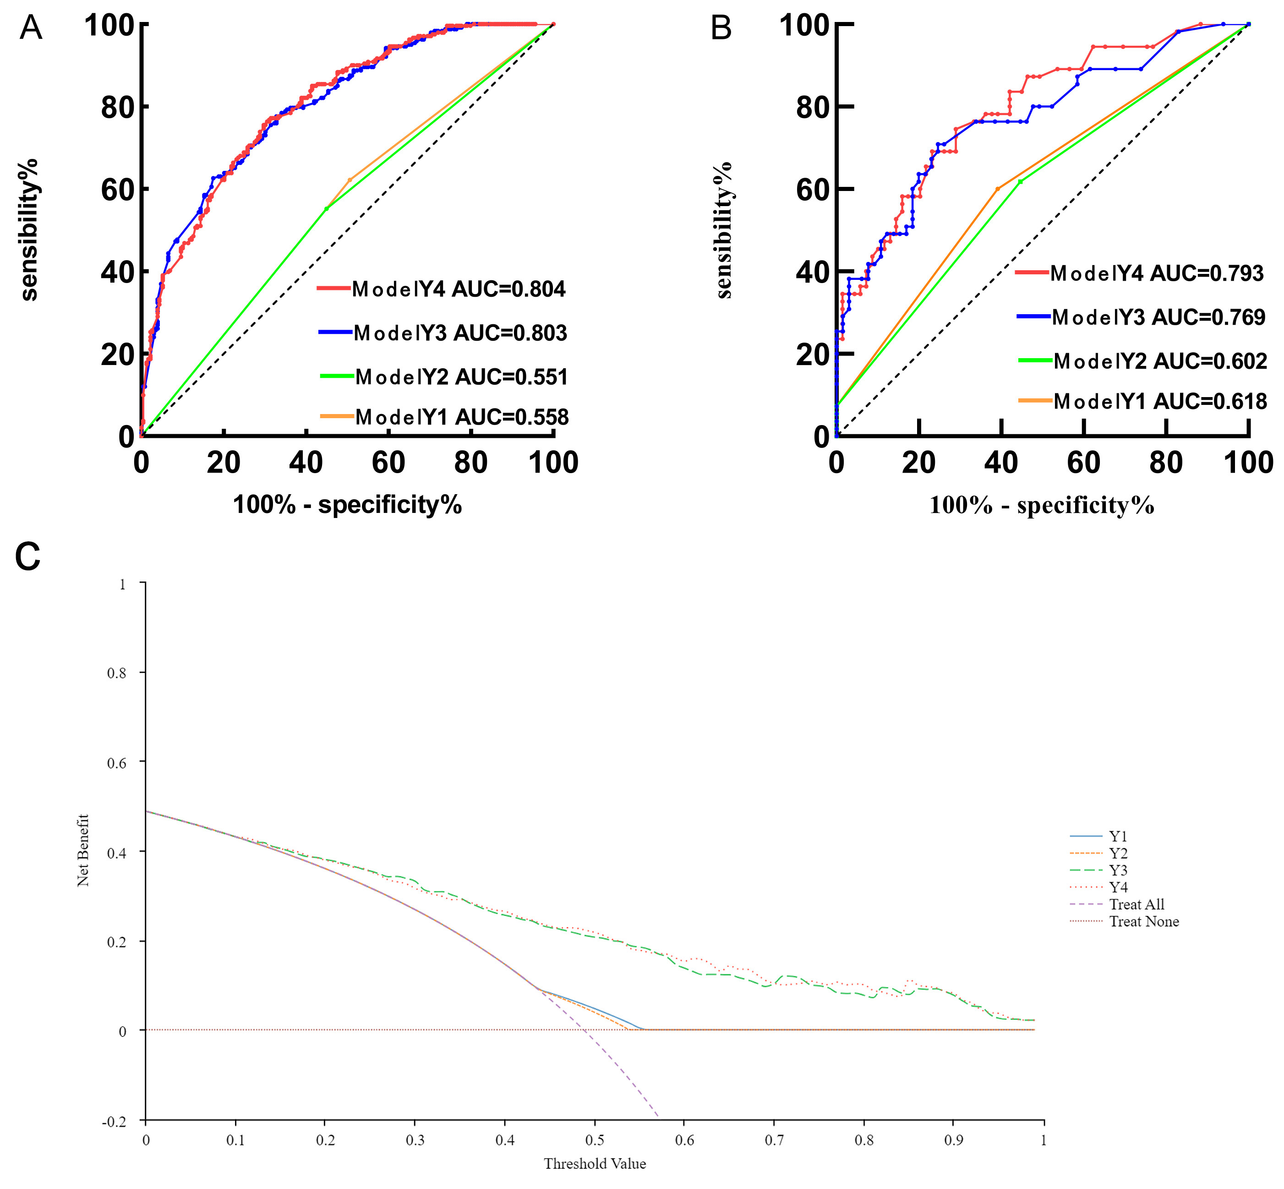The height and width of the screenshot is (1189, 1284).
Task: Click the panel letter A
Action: pos(31,29)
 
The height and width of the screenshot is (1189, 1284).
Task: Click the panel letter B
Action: pos(721,29)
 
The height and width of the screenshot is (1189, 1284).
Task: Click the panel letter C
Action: pos(27,556)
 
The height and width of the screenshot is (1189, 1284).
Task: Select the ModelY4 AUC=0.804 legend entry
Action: pos(458,289)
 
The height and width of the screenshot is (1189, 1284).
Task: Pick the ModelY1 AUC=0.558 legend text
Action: pos(461,418)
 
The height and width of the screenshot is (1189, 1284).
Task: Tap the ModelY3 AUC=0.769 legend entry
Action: pos(1158,317)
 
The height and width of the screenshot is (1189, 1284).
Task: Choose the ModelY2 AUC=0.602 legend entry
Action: pos(1160,361)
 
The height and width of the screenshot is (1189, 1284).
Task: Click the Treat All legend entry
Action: pos(1136,905)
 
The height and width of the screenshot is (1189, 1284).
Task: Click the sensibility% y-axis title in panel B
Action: pos(724,230)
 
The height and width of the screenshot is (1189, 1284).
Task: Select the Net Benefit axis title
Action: pos(83,850)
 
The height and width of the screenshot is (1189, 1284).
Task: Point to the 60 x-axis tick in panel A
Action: pos(388,463)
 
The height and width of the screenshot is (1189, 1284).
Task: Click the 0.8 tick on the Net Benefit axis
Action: pos(116,673)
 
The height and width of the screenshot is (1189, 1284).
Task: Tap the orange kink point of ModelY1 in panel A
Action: pos(350,180)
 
